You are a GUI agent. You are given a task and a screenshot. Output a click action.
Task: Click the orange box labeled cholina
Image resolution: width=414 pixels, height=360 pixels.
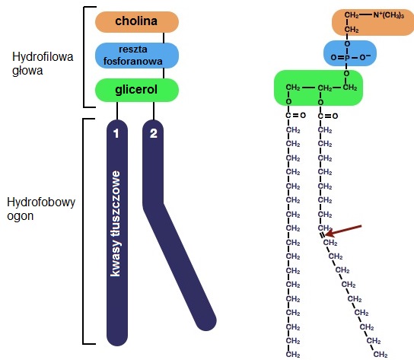click(x=137, y=22)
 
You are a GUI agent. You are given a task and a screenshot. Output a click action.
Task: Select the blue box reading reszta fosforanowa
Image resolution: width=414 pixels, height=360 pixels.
click(x=137, y=56)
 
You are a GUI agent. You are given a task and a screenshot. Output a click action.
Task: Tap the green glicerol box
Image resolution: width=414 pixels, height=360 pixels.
click(x=137, y=90)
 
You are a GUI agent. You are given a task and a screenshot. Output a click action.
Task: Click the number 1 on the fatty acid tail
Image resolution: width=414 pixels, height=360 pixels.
click(x=116, y=134)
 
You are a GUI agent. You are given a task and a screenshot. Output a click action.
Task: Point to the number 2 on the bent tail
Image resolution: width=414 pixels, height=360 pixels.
click(x=154, y=134)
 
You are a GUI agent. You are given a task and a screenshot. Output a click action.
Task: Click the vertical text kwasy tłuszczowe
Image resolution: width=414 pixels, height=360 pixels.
click(x=116, y=224)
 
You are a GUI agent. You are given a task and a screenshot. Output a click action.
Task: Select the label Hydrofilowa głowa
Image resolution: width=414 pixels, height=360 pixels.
click(x=43, y=64)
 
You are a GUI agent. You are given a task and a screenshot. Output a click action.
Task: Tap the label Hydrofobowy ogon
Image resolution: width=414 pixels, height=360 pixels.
click(x=41, y=209)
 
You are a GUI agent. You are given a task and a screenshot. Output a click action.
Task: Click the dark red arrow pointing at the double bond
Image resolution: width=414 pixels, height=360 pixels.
click(x=343, y=231)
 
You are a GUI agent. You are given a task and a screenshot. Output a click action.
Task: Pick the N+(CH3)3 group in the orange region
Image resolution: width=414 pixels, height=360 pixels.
click(x=389, y=15)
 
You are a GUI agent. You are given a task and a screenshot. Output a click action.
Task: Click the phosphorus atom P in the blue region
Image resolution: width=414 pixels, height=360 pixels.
click(x=347, y=58)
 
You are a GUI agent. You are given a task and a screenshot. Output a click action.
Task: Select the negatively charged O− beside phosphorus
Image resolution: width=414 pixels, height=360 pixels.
click(x=365, y=57)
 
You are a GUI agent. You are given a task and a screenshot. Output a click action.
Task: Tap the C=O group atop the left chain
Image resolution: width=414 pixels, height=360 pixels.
click(x=295, y=116)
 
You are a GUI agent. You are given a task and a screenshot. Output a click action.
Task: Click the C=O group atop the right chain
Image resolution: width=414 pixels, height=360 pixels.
click(x=328, y=116)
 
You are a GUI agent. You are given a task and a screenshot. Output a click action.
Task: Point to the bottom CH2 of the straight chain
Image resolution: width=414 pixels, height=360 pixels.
click(x=293, y=354)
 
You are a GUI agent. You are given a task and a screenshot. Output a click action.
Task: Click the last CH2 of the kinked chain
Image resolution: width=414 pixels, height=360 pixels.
click(x=381, y=354)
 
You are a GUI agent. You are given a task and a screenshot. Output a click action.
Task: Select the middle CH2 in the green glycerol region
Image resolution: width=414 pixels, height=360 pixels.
click(x=325, y=88)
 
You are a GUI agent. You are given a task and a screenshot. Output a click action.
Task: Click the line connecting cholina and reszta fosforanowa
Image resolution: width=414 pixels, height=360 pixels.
click(x=164, y=38)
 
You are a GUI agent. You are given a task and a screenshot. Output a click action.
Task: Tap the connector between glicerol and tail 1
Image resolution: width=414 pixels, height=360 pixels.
click(x=117, y=111)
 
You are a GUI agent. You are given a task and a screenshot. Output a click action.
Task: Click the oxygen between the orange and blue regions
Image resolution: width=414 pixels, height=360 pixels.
click(x=347, y=44)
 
